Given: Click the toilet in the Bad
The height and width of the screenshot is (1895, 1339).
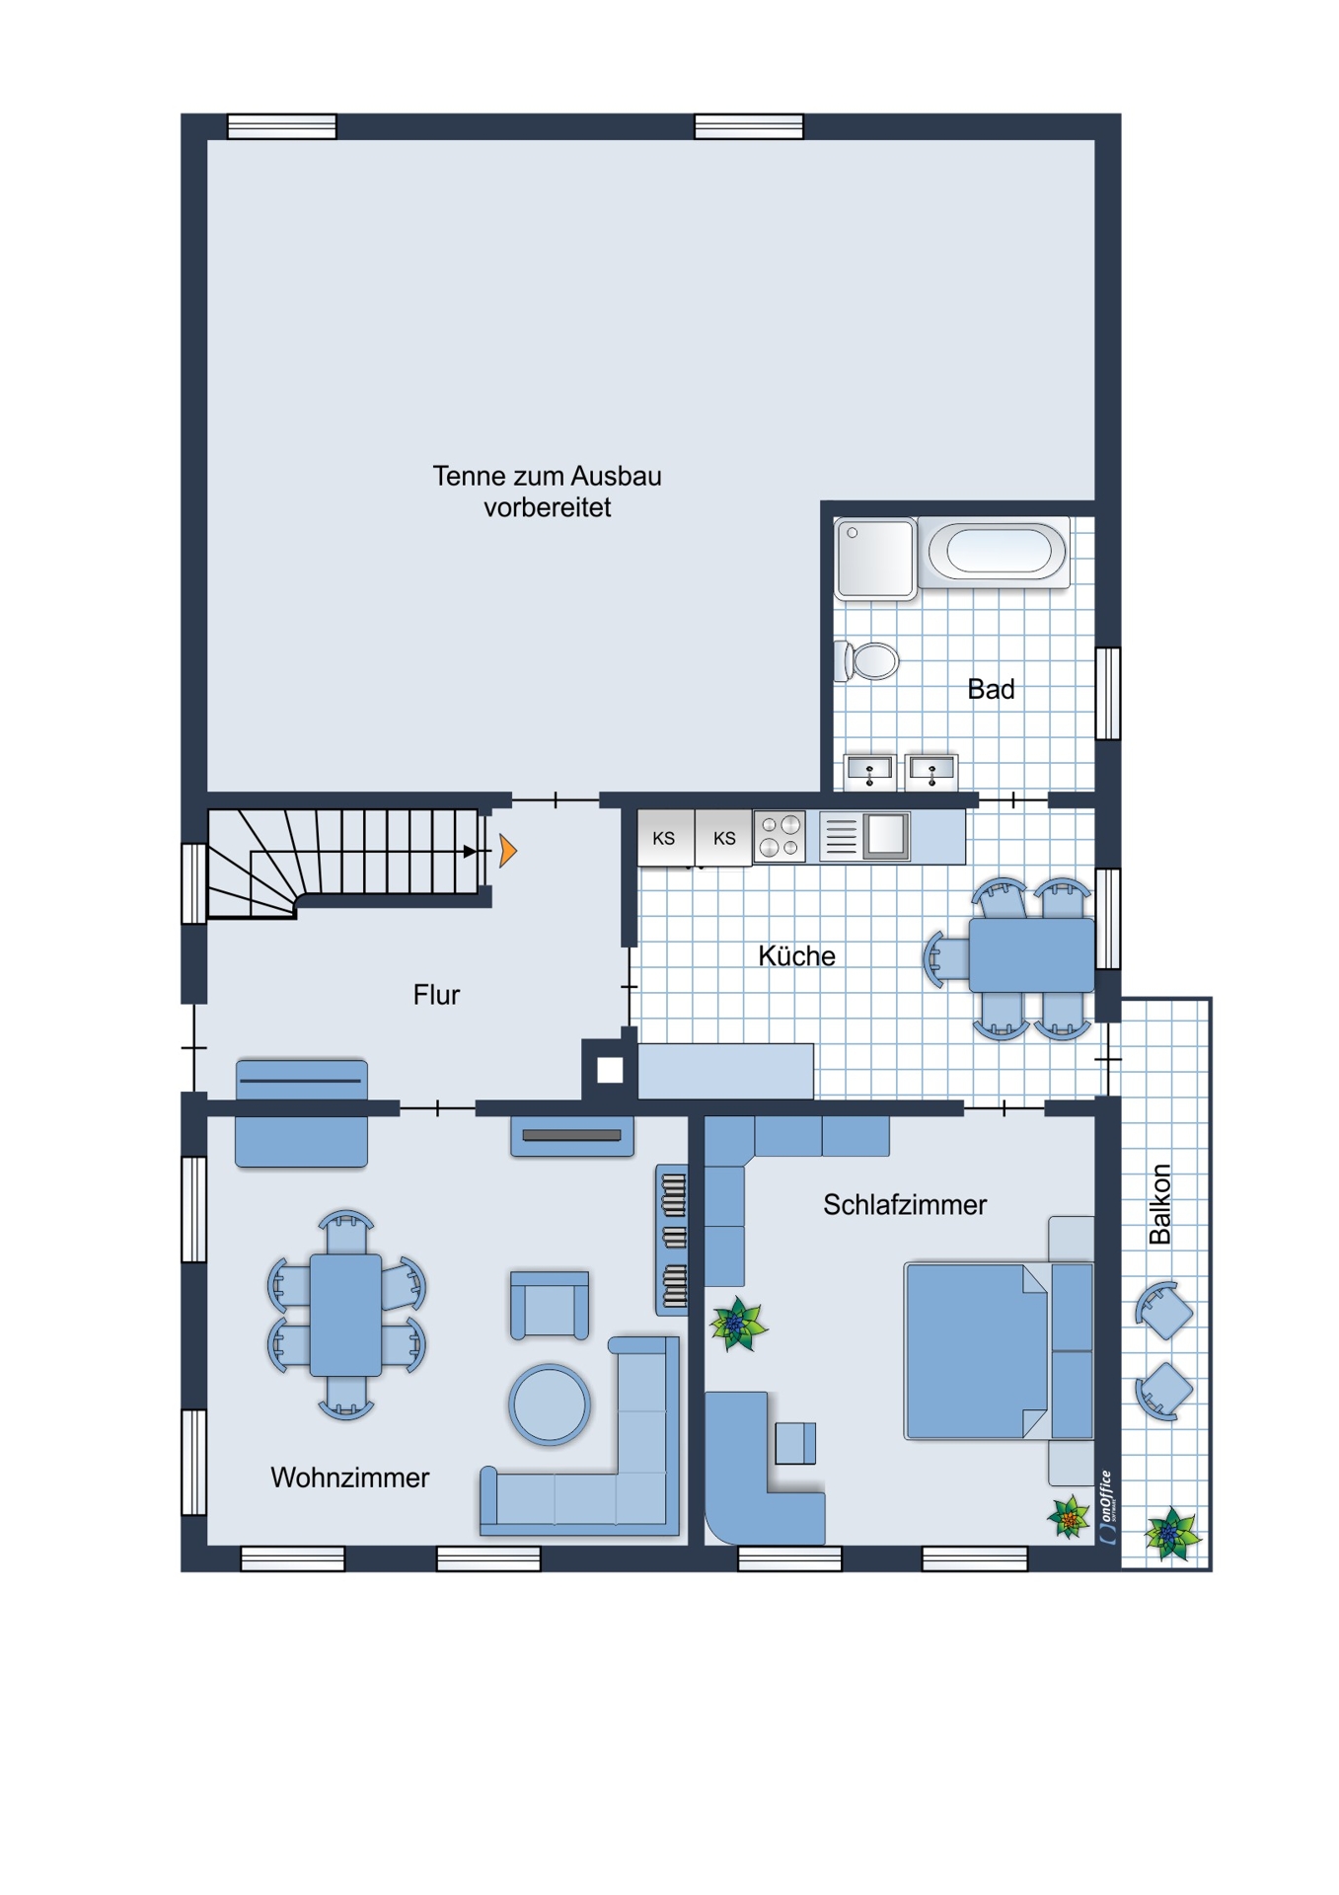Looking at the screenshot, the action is (x=867, y=661).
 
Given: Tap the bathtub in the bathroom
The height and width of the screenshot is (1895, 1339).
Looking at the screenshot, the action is (x=994, y=552).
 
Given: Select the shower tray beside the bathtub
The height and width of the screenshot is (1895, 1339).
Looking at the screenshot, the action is (x=875, y=559).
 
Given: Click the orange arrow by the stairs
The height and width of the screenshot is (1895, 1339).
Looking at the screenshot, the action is (x=507, y=850).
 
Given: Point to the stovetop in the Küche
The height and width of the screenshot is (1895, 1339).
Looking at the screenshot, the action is (x=780, y=837).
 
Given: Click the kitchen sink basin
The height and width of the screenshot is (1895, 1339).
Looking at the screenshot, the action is (x=885, y=836).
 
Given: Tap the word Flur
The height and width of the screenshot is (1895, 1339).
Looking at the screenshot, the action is (x=436, y=995).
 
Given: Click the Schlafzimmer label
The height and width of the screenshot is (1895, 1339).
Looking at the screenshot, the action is (x=905, y=1205).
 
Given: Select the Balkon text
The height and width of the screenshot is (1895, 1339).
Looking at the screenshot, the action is (x=1160, y=1204).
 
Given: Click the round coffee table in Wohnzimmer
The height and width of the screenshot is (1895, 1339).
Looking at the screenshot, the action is (x=550, y=1404).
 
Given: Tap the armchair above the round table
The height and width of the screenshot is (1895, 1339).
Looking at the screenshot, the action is (x=550, y=1305).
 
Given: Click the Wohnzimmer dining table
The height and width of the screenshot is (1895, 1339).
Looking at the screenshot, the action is (x=345, y=1315).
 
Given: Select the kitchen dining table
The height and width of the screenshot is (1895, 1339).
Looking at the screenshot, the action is (x=1031, y=955).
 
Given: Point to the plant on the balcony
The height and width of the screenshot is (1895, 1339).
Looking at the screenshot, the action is (x=1171, y=1534).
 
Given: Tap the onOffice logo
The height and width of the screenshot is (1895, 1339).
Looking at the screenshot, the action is (x=1107, y=1506).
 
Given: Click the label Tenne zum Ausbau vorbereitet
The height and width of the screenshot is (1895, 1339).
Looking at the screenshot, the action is (x=547, y=492).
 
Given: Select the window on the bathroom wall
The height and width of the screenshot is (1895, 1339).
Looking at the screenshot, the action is (x=1108, y=693).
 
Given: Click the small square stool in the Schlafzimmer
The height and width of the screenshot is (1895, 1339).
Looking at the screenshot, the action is (x=795, y=1443).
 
